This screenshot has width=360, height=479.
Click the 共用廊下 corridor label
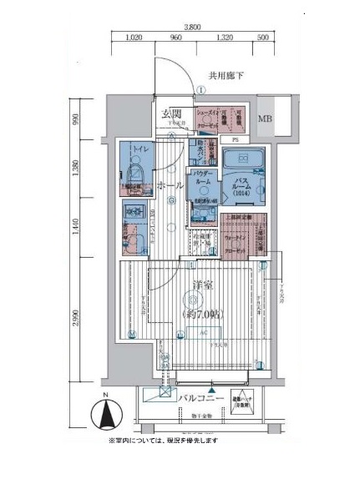225,76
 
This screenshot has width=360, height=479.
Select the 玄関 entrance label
172,114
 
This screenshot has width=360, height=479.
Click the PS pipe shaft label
235,139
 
